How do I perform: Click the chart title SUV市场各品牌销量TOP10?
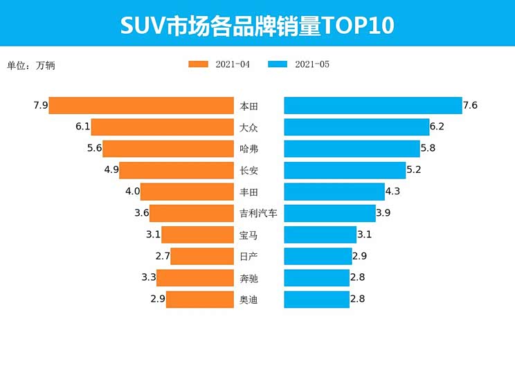tap(257, 25)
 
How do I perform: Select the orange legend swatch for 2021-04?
tap(198, 64)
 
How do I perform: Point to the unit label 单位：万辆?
tap(30, 66)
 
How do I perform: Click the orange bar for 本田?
tap(141, 106)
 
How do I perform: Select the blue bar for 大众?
tap(356, 127)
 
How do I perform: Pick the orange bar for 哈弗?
tap(168, 149)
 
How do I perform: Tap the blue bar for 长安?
tap(345, 170)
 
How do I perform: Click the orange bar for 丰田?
tap(187, 192)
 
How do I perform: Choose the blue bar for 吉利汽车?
tap(329, 213)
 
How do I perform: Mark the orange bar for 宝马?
tap(197, 235)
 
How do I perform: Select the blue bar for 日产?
tap(318, 257)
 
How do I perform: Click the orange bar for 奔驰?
tap(195, 278)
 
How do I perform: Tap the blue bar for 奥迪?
tap(316, 300)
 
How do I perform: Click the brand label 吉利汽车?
tap(258, 213)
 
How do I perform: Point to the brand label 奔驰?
tap(249, 278)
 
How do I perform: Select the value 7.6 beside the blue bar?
tap(471, 106)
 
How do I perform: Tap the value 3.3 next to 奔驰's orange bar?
tap(148, 278)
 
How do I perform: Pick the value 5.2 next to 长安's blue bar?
tap(415, 170)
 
